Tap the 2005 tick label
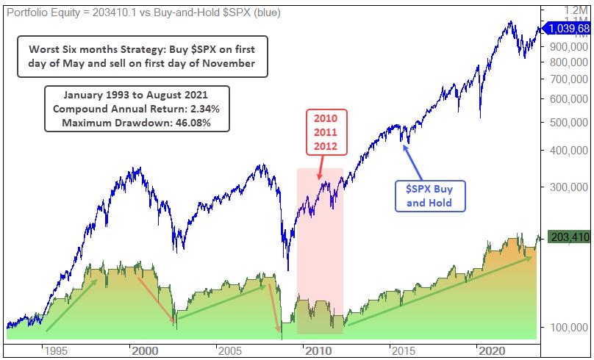coord(229,350)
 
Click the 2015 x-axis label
coord(404,350)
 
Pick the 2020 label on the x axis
coord(490,350)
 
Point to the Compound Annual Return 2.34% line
coord(137,108)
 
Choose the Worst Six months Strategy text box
coord(143,56)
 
